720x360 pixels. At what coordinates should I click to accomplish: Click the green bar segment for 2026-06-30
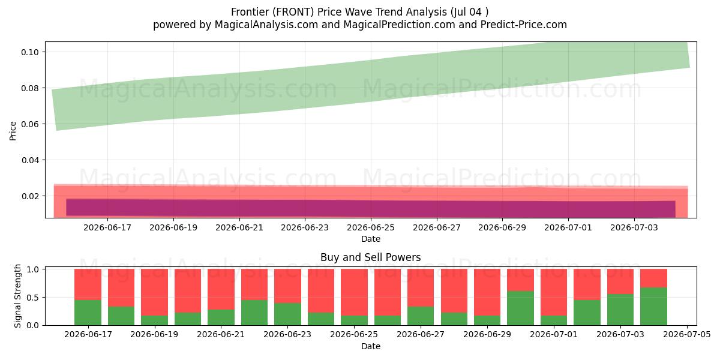coord(520,308)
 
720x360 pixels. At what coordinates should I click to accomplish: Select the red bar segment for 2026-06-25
coord(354,292)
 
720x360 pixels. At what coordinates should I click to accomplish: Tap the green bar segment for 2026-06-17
coord(88,313)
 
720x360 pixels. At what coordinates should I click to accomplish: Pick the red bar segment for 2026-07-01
coord(554,292)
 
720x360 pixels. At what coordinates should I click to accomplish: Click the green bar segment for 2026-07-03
coord(620,310)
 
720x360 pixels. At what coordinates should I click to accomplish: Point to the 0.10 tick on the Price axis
coord(46,52)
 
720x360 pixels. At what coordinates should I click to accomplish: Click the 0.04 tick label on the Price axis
coord(30,160)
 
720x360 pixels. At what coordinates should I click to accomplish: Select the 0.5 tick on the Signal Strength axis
coord(46,298)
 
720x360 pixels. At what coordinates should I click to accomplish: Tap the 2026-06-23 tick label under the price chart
coord(305,227)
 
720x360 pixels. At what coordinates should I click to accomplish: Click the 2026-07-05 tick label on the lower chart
coord(687,335)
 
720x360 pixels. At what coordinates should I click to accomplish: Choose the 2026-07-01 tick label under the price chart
coord(568,227)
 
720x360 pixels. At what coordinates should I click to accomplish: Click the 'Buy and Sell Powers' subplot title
coord(371,257)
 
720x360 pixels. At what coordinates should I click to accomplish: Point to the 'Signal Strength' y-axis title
coord(17,296)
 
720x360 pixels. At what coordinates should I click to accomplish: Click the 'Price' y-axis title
coord(13,131)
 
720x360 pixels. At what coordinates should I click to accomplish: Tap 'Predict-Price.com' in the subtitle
coord(524,25)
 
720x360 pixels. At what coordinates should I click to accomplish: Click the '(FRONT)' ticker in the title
coord(293,12)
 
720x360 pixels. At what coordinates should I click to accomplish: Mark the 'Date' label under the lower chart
coord(371,346)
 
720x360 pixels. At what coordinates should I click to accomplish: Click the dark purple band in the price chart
coord(371,208)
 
